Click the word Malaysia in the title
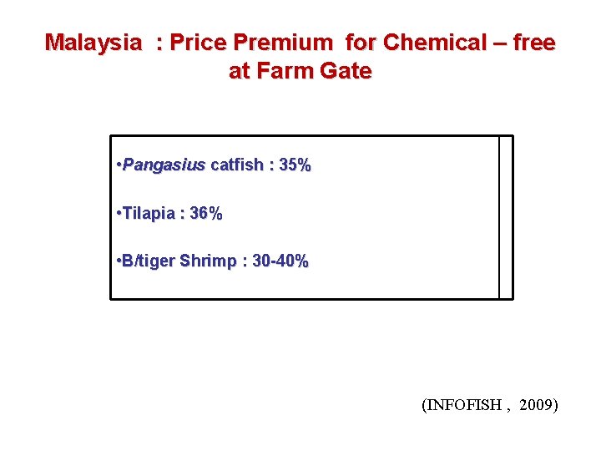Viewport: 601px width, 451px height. [x=93, y=43]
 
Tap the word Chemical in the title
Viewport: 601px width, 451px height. [x=425, y=43]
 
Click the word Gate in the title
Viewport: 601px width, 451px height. [x=343, y=71]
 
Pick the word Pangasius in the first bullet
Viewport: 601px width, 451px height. [x=164, y=165]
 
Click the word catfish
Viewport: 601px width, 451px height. [x=235, y=165]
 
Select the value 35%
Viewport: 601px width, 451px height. [x=295, y=165]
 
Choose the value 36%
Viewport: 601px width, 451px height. [x=206, y=214]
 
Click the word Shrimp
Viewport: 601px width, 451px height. [x=209, y=261]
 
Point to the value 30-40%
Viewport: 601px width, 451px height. [x=280, y=261]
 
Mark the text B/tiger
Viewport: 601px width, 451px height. [x=149, y=261]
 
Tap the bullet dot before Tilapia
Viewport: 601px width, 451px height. [x=119, y=214]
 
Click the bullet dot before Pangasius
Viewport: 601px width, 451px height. [x=119, y=165]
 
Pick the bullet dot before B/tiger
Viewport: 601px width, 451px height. [x=119, y=261]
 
